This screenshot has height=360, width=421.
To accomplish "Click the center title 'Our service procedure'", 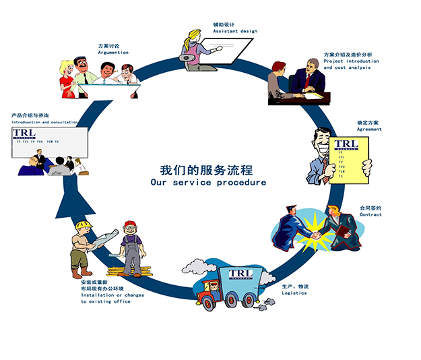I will coord(208,182).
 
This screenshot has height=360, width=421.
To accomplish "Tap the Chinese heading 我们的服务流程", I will coord(208,169).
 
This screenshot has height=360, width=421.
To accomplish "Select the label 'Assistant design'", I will coord(234,32).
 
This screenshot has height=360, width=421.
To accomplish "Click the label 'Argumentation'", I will coord(112,52).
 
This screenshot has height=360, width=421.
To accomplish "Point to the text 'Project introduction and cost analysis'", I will coord(351,64).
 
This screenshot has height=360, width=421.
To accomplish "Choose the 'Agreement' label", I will coord(369,129).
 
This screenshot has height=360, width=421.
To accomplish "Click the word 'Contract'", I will coord(370,214).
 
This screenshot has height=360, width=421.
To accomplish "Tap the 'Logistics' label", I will coord(294,293).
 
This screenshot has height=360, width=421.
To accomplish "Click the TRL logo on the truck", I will coord(240,274).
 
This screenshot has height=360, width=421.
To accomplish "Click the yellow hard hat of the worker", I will coord(84,224).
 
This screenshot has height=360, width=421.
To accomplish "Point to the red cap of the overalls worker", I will coord(129,224).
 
